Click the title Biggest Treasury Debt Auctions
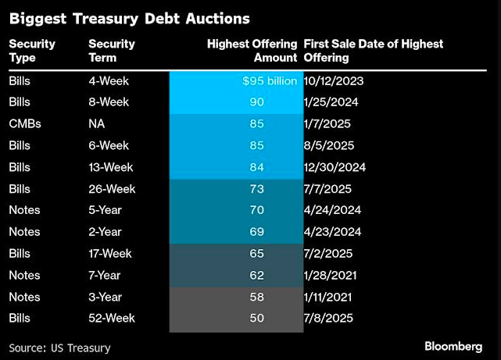(x=130, y=17)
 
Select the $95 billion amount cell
(x=270, y=80)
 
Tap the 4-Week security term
(x=108, y=80)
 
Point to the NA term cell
(x=97, y=123)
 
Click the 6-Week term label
(x=108, y=145)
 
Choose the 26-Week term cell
(x=112, y=189)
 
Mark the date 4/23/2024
(x=334, y=232)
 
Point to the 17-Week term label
(x=112, y=254)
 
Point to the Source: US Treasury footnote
(x=60, y=348)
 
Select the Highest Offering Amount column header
(x=252, y=51)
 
